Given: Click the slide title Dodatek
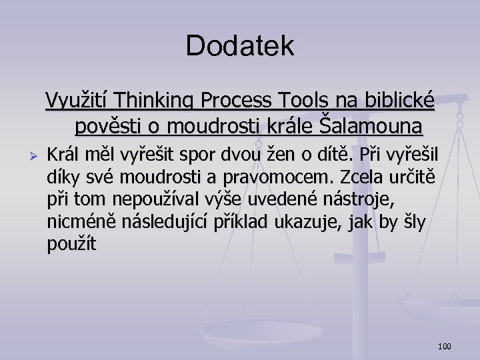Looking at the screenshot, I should click(240, 45).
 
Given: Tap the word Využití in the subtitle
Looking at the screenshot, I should click(78, 101).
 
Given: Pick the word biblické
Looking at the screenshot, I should click(399, 101).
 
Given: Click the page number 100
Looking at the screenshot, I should click(445, 346).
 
